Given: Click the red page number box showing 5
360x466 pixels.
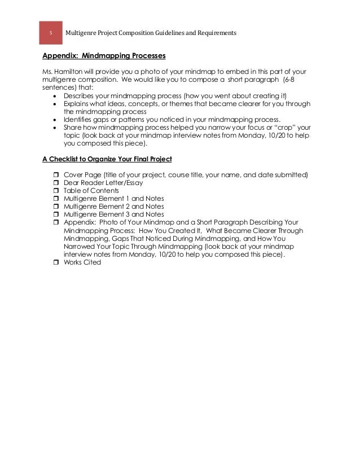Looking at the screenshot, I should tap(50, 33).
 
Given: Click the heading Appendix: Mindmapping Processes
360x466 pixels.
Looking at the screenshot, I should tap(104, 57).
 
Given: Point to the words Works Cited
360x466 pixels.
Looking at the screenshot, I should tap(82, 262).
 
